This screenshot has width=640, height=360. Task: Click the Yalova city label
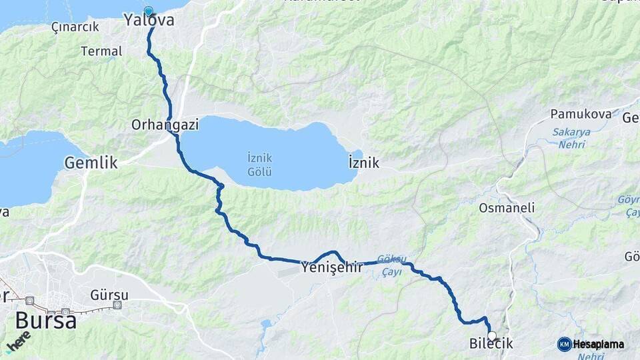[x=149, y=21]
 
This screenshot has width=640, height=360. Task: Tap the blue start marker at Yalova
[x=148, y=11]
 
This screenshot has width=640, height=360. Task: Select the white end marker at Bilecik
[x=492, y=335]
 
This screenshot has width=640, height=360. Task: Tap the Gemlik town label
[x=91, y=162]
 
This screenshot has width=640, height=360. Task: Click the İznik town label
[x=364, y=163]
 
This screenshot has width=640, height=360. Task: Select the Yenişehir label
[x=332, y=267]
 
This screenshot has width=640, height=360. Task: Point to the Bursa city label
[x=45, y=321]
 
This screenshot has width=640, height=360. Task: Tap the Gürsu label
[x=109, y=293]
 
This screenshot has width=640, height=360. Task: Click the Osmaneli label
[x=507, y=208]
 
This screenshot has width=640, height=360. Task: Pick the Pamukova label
[x=581, y=114]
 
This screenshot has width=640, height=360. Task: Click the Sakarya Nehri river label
[x=571, y=137]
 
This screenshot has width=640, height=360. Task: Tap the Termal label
[x=101, y=51]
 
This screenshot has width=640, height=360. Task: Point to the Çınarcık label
[x=75, y=27]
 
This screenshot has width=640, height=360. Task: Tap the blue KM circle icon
[x=564, y=344]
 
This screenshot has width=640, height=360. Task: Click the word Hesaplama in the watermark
[x=599, y=344]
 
